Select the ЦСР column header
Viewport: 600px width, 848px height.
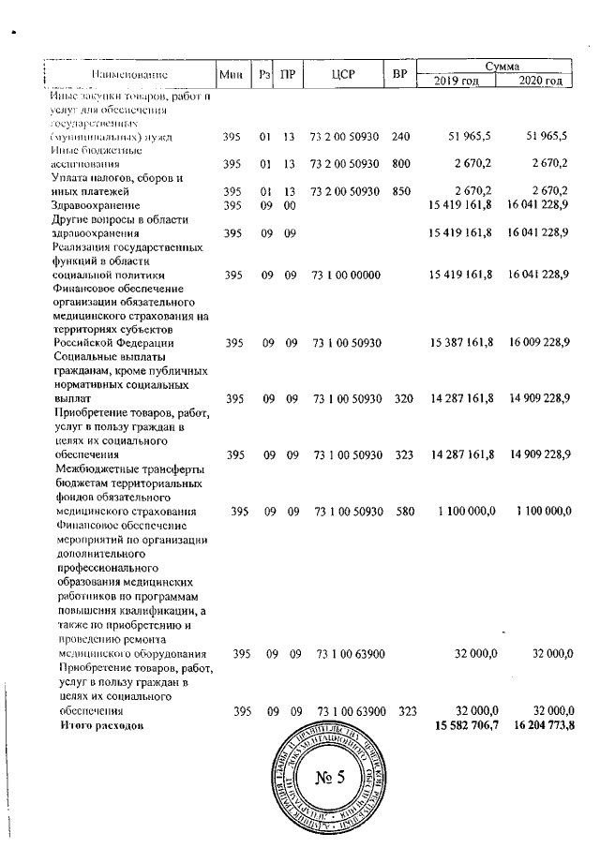pos(340,73)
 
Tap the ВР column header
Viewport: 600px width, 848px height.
pos(400,73)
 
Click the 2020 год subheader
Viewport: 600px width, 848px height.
pos(541,82)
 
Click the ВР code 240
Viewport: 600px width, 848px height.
pos(401,137)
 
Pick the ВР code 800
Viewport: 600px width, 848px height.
pos(401,164)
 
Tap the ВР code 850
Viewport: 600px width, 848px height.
pos(401,191)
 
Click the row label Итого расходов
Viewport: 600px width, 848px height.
pos(103,726)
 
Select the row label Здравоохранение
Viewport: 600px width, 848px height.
pos(99,205)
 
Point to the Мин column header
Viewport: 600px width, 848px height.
pos(231,73)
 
